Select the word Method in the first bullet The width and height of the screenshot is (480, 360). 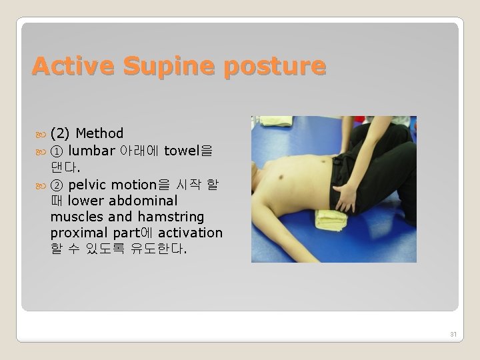click(99, 134)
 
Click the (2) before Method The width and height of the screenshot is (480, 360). click(61, 134)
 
